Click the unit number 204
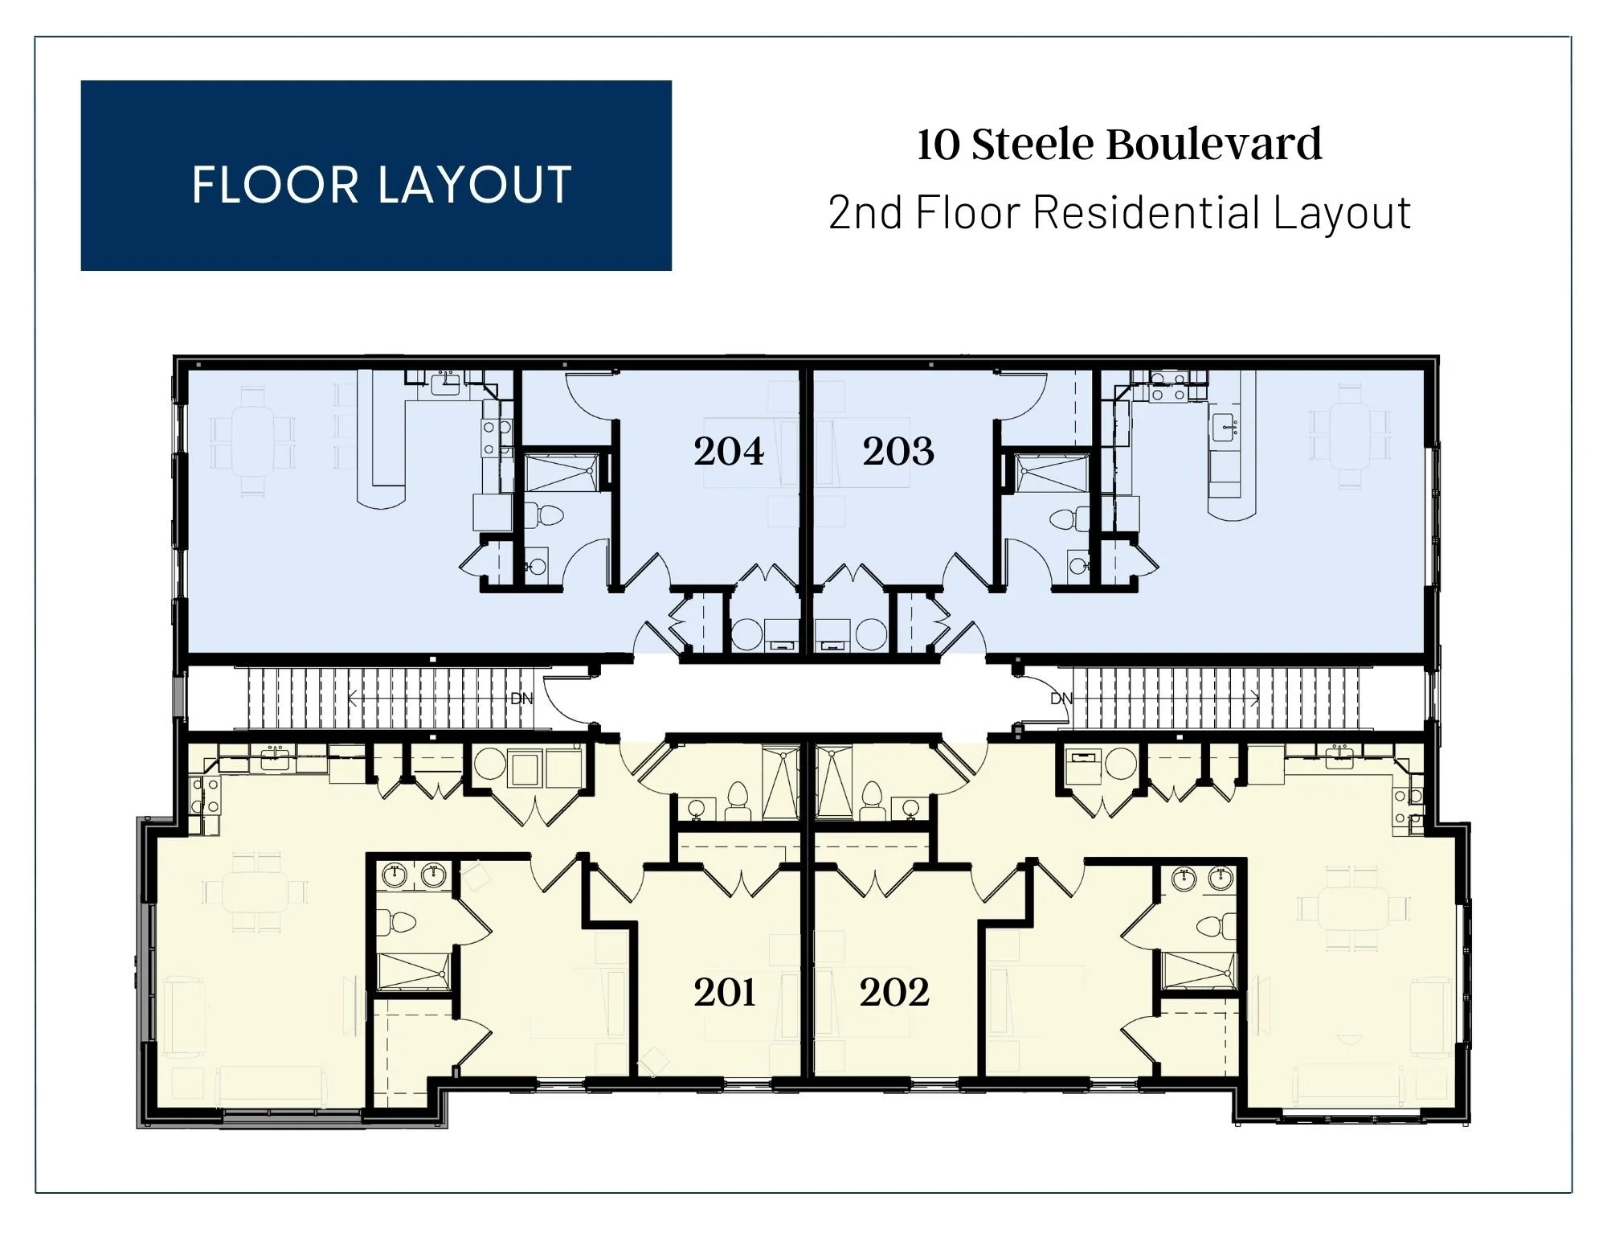[729, 452]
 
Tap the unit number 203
[898, 452]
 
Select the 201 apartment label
[725, 993]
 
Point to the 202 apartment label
[894, 993]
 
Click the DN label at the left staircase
[521, 699]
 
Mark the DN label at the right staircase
[1061, 699]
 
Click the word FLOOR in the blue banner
[275, 185]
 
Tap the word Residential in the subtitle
[1147, 213]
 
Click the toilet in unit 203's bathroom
[1064, 519]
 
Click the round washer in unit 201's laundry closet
[489, 766]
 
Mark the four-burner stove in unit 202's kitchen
[1409, 807]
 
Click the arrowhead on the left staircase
[351, 699]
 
